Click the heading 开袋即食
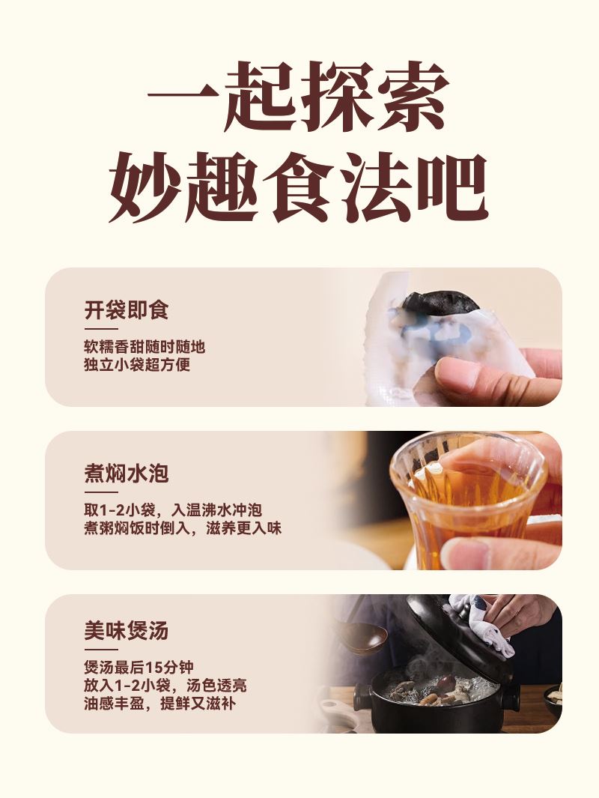(x=126, y=310)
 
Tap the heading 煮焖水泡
(x=126, y=474)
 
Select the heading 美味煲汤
(x=126, y=631)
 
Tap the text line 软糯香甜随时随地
(x=145, y=347)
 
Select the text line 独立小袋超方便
(x=137, y=365)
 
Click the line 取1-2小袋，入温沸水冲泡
(x=173, y=510)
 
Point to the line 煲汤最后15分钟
(x=139, y=667)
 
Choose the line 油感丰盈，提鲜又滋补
(x=159, y=704)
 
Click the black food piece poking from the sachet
(x=440, y=302)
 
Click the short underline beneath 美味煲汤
(x=100, y=650)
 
